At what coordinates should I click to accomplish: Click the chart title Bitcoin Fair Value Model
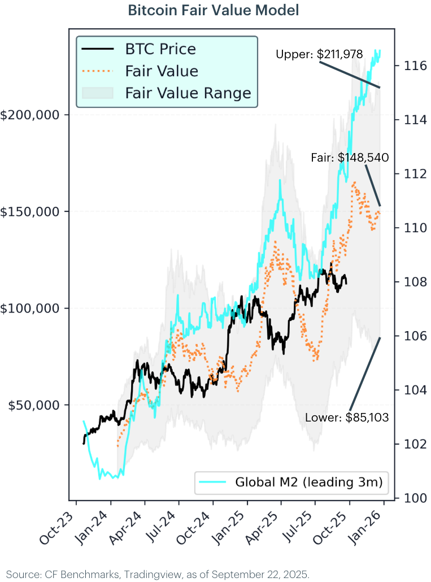click(x=214, y=11)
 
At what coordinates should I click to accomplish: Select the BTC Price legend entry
click(x=160, y=49)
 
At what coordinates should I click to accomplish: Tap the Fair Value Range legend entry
click(x=188, y=93)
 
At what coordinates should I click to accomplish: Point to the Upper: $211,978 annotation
click(x=319, y=54)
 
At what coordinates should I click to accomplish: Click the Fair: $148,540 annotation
click(x=350, y=158)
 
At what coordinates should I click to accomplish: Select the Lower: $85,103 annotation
click(x=347, y=418)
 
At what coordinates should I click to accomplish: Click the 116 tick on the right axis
click(x=410, y=66)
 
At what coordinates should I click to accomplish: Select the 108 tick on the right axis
click(x=410, y=282)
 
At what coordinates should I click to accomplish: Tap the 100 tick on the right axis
click(x=410, y=498)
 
